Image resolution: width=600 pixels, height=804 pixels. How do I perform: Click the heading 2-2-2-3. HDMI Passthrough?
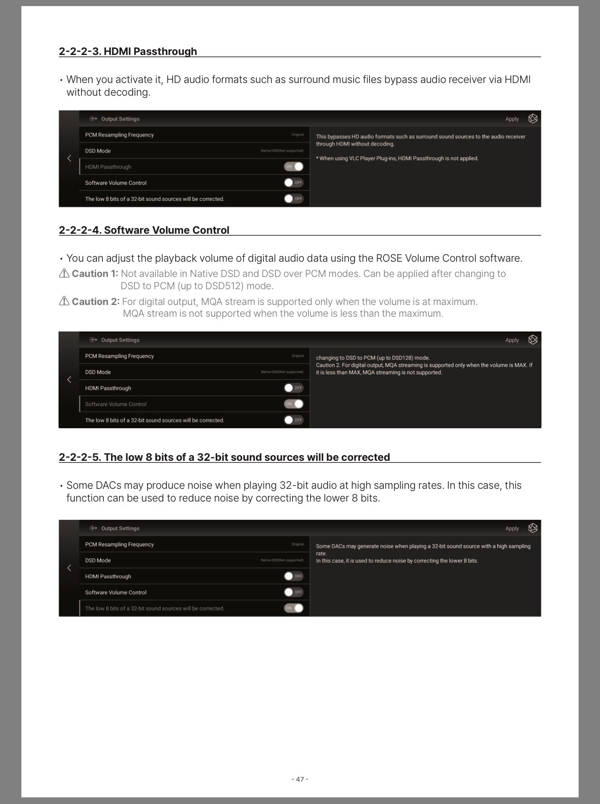pos(128,51)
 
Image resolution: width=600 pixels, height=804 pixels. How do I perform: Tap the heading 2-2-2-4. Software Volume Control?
pos(144,230)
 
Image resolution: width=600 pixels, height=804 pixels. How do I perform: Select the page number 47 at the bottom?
pos(300,779)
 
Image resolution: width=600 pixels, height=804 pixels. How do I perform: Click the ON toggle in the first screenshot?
pos(294,167)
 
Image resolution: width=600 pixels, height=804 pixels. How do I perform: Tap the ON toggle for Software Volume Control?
pos(294,404)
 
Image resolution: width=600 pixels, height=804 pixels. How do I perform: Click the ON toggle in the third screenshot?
pos(294,608)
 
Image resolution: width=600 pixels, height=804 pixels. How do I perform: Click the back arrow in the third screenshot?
pos(69,568)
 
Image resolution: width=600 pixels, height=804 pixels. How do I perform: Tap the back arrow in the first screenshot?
pos(69,158)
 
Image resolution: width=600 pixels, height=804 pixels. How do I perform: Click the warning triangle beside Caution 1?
pos(64,273)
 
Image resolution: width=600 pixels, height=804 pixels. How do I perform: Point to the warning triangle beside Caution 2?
pos(64,301)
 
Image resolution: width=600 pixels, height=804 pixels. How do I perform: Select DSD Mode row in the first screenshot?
pos(194,151)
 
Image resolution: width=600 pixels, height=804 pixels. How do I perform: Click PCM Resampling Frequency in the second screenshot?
pos(120,356)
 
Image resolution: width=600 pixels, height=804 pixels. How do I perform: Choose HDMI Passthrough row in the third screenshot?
pos(194,576)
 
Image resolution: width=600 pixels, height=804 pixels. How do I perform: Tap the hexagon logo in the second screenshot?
pos(533,340)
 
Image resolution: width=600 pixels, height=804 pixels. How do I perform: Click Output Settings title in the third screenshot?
pos(120,529)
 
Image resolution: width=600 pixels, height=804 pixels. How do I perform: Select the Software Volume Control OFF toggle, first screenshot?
pos(294,182)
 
